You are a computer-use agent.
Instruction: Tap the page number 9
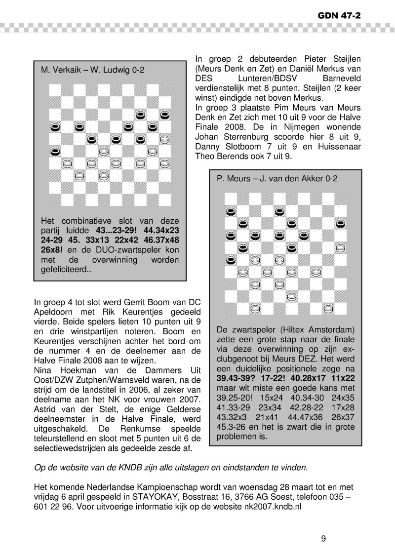[x=323, y=538]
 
